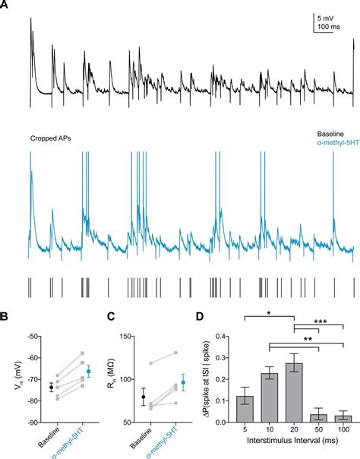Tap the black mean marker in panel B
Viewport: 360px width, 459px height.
click(51, 387)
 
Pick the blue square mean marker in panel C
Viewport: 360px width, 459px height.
click(182, 383)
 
